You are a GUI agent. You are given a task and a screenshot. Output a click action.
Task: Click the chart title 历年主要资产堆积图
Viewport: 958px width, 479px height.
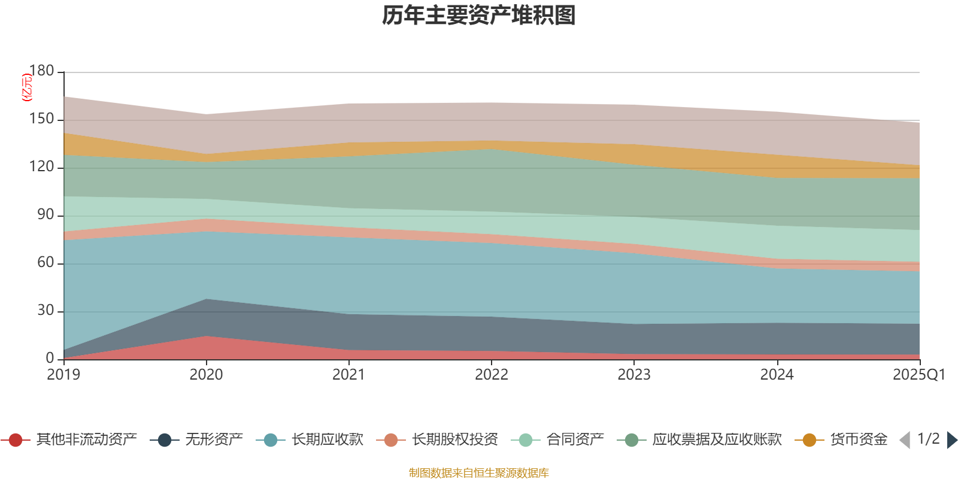[479, 16]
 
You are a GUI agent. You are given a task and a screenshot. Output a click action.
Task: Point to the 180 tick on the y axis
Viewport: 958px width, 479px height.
[42, 71]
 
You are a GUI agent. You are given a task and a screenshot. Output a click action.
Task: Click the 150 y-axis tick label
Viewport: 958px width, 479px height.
[42, 119]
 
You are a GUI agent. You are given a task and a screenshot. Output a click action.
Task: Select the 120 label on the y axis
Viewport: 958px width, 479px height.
[42, 167]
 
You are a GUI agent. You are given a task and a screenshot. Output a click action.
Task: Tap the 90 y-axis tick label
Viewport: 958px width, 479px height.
[46, 215]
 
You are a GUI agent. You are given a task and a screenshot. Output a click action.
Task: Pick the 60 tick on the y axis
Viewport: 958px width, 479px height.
[46, 263]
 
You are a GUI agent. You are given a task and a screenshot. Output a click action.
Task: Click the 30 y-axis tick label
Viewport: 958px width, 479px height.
[46, 311]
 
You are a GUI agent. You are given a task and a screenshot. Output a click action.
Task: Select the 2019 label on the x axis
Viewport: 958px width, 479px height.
[63, 375]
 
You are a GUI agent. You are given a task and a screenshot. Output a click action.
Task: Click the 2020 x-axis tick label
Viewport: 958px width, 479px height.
[206, 375]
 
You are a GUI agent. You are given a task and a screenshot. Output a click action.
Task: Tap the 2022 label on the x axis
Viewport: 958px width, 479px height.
[492, 375]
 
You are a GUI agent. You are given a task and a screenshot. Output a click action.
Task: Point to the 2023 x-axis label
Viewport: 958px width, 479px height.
[634, 375]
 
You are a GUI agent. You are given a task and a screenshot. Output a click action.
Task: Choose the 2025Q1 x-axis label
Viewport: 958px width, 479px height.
[918, 375]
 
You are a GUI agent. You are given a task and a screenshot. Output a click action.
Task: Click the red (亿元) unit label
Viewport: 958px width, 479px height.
[27, 87]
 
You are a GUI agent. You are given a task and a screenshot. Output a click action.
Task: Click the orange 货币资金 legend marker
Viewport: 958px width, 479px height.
[809, 440]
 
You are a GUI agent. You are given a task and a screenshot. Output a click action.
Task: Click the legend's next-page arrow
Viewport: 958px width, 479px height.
[951, 440]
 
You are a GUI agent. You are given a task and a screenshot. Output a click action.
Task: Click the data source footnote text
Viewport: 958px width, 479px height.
[479, 473]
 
